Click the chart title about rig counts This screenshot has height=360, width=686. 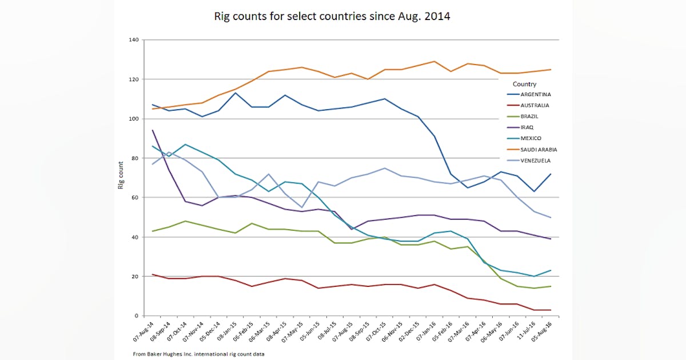332,17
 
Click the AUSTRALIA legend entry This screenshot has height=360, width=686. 534,105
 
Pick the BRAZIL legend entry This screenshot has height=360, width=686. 528,116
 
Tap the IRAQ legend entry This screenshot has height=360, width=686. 526,127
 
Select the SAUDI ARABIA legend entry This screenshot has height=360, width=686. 538,150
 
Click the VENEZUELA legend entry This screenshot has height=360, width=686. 535,161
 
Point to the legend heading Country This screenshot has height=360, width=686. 524,84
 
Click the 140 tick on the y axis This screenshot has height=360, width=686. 134,40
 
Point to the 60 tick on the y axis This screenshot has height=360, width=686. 135,198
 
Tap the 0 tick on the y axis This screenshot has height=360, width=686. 137,316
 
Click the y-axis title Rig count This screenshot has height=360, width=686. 121,178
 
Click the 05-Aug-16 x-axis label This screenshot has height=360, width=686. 551,334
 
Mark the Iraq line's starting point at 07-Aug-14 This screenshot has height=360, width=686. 153,130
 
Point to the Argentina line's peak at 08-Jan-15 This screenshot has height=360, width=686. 236,93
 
